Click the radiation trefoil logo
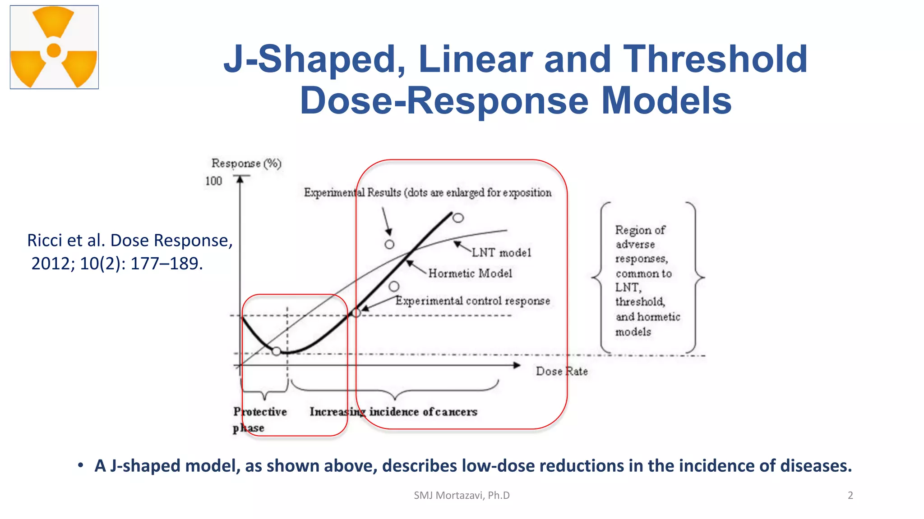(x=54, y=47)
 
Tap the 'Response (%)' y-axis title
(x=246, y=163)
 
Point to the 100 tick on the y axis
(x=213, y=181)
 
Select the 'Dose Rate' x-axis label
(x=561, y=371)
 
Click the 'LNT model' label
(x=501, y=253)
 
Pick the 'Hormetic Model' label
(x=470, y=273)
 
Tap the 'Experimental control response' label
(x=472, y=301)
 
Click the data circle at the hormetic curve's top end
(x=458, y=218)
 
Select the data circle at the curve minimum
(x=277, y=351)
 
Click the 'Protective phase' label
(x=259, y=419)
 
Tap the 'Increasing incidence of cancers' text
(x=393, y=412)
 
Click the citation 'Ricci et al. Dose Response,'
(x=129, y=241)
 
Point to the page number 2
(x=850, y=495)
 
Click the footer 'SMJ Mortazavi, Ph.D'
(x=462, y=495)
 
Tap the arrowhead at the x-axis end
(x=517, y=365)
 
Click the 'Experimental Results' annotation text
(x=352, y=193)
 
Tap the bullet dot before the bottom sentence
(x=80, y=465)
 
